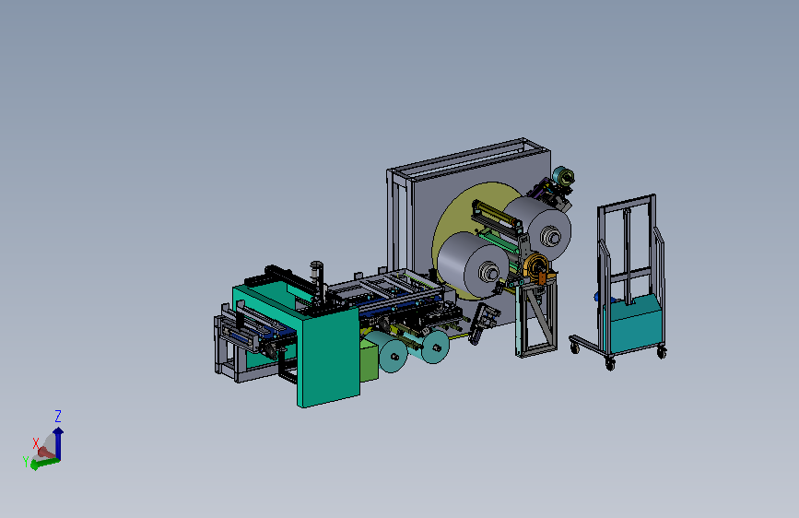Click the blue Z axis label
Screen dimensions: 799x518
[58, 416]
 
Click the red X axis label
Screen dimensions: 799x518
[36, 443]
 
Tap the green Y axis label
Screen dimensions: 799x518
[26, 462]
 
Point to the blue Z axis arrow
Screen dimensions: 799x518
[59, 443]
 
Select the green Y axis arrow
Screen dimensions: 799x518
[45, 464]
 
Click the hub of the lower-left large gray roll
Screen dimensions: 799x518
[489, 272]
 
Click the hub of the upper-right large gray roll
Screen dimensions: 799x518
[551, 237]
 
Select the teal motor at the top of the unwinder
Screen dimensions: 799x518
[563, 176]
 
